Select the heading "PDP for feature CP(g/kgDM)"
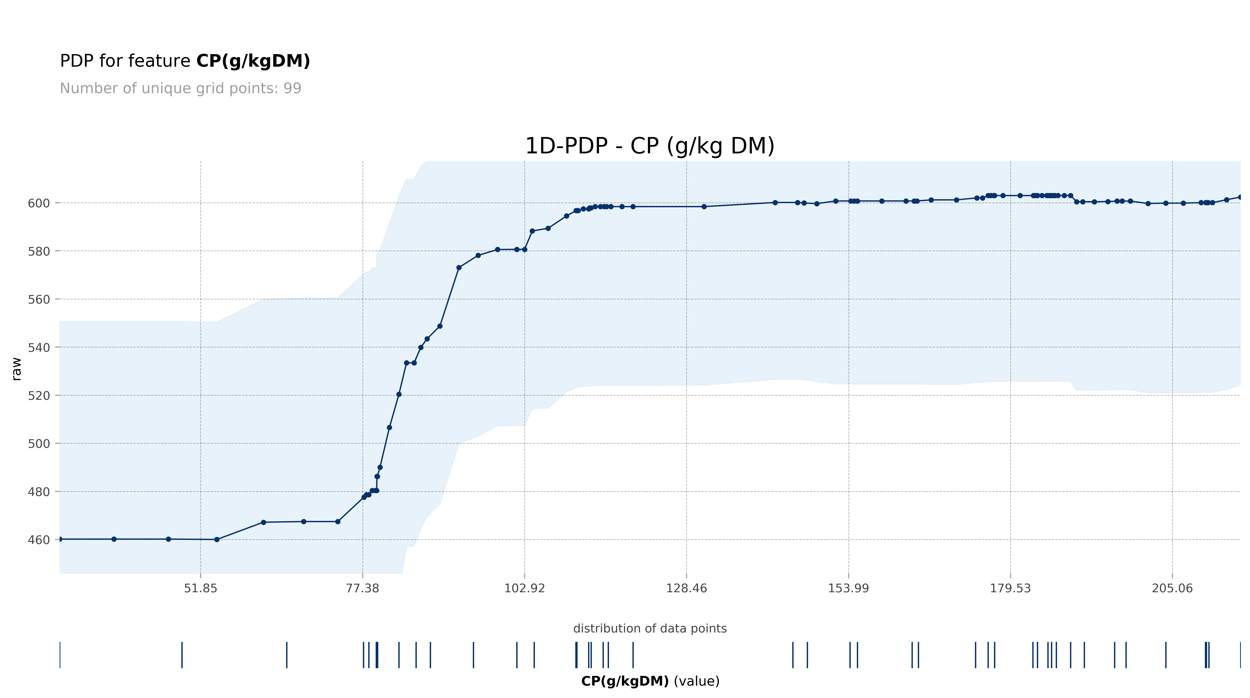point(185,61)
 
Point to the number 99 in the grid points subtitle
point(293,88)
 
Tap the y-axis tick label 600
point(39,203)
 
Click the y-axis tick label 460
point(39,540)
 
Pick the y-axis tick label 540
point(39,348)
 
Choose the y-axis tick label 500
point(39,444)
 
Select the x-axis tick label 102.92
point(525,588)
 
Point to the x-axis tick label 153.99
point(848,588)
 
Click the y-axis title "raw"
point(17,369)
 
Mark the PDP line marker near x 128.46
point(704,207)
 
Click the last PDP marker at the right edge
point(1240,197)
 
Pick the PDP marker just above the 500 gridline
point(389,428)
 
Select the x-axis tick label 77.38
point(363,588)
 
